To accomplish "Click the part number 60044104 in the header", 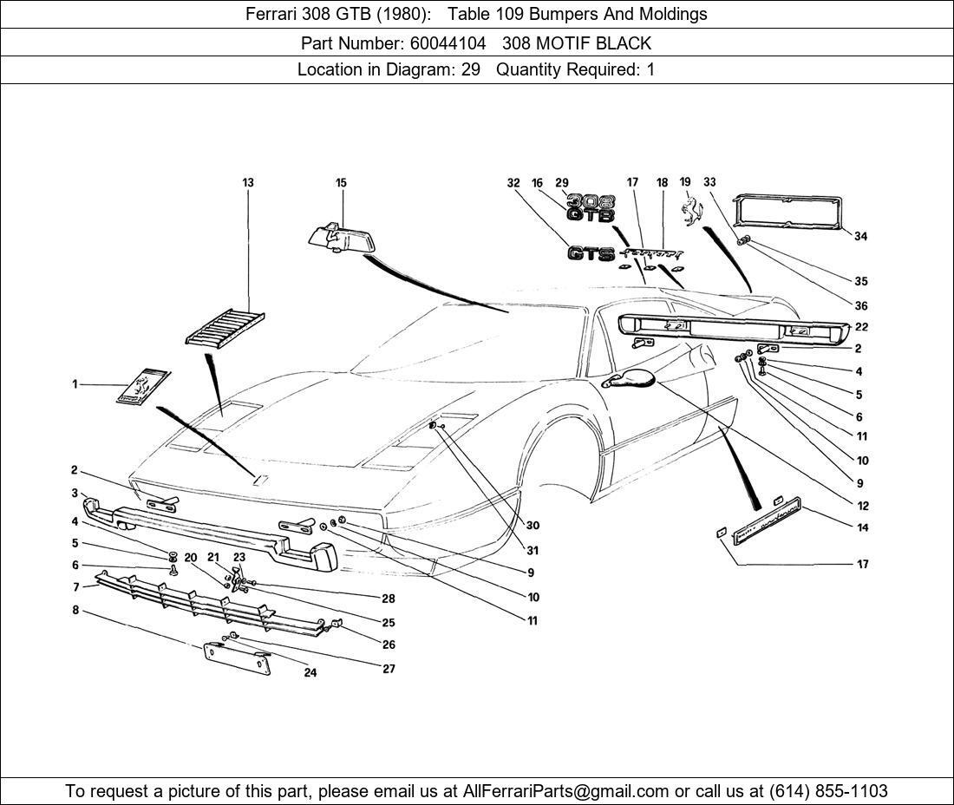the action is point(448,43).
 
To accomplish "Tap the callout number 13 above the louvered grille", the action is point(248,182).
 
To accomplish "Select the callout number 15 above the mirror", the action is point(341,182).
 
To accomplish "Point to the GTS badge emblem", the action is point(591,253).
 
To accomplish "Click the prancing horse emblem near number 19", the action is point(692,211).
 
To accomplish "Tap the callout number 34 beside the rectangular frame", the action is point(860,236).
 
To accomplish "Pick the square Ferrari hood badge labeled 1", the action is point(144,386).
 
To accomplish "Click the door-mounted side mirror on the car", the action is point(629,378).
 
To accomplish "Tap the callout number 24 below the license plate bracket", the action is point(310,672).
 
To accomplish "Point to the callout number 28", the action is point(389,599).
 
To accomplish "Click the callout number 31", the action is point(533,551).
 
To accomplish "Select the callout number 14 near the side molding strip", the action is point(863,527).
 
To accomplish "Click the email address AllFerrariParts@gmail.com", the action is point(565,791).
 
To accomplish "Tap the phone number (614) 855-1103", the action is point(828,791).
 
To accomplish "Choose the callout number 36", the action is point(860,306).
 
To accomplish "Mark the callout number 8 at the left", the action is point(75,610).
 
